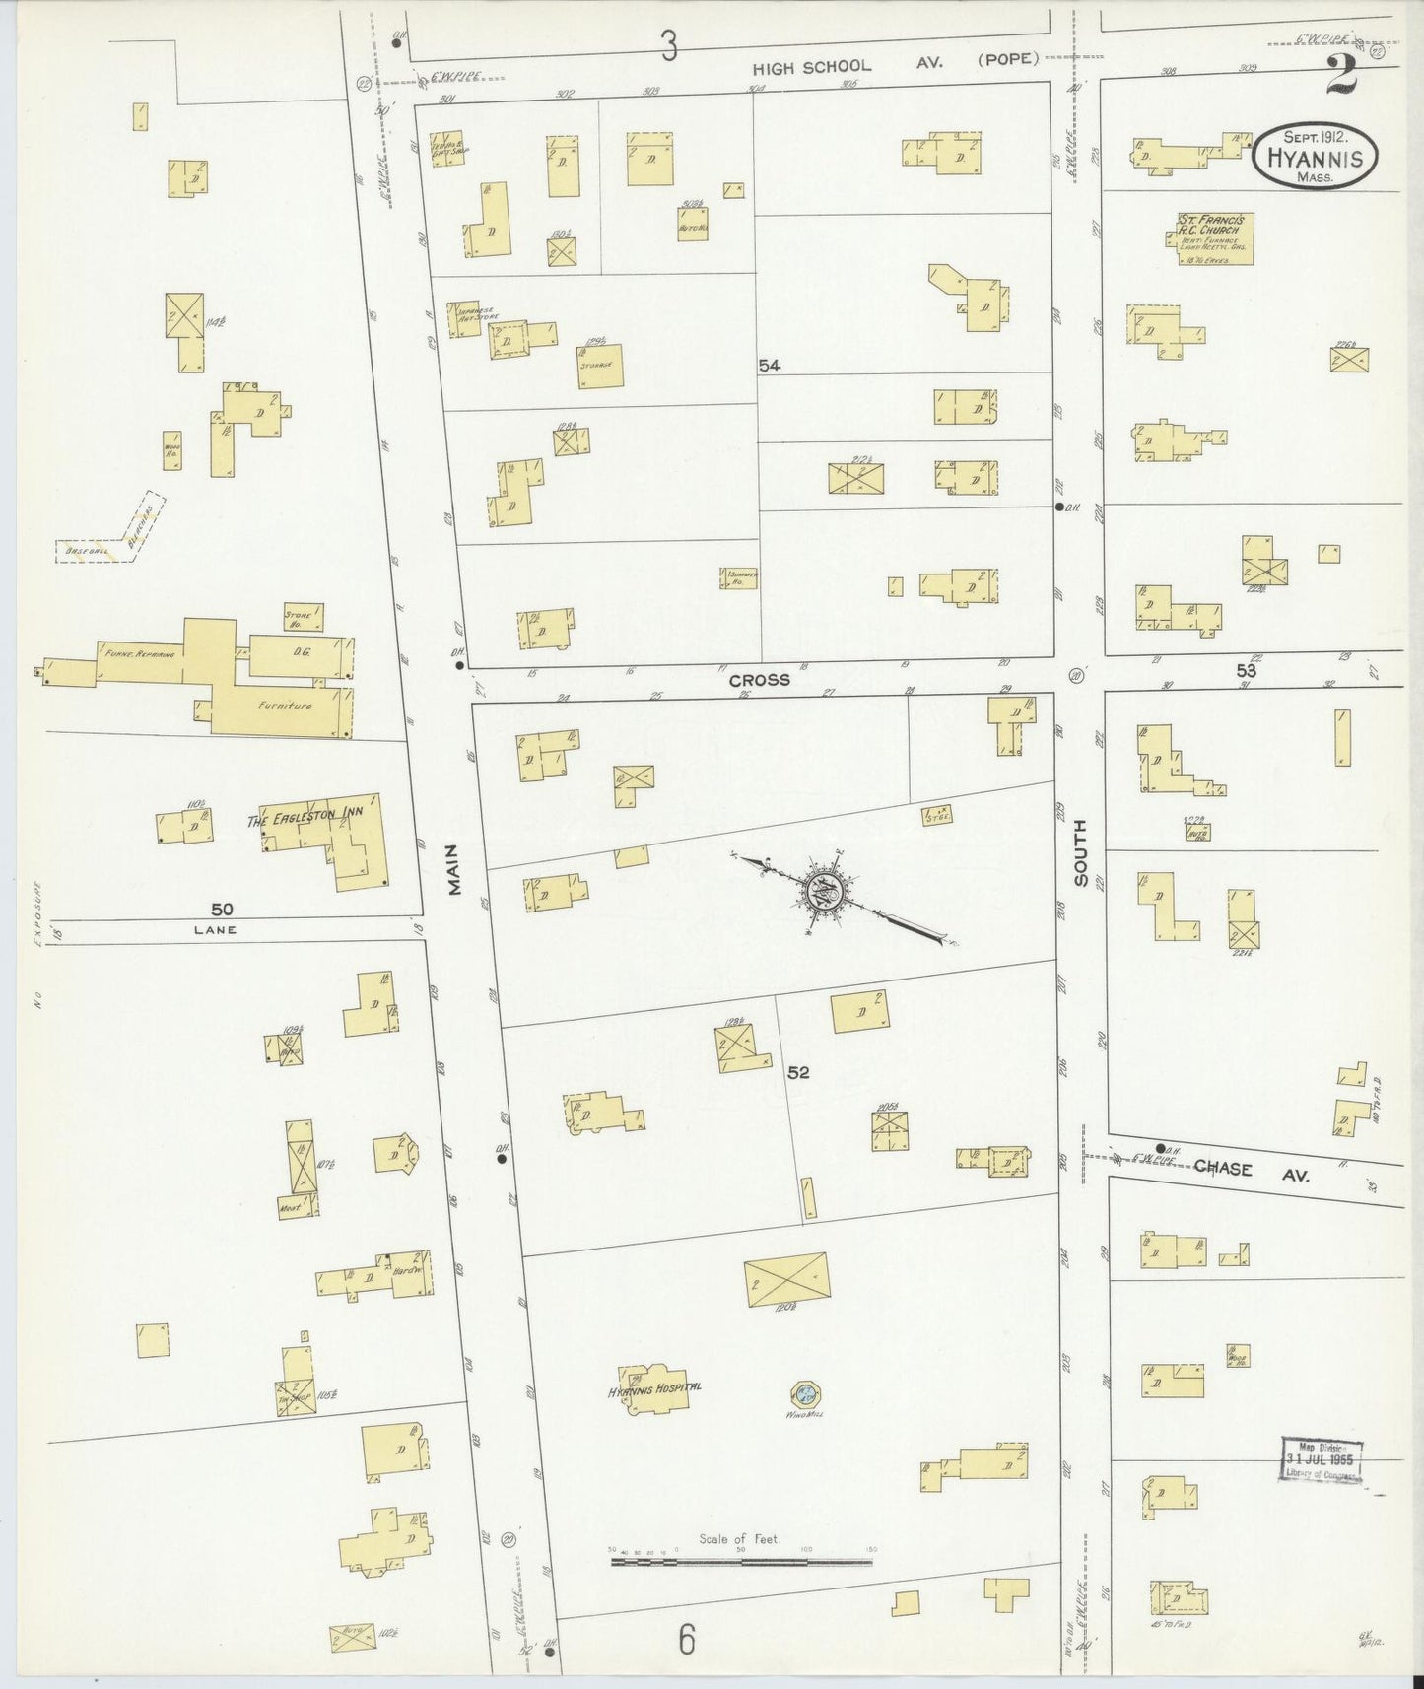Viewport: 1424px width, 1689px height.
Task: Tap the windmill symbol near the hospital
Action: pyautogui.click(x=805, y=1393)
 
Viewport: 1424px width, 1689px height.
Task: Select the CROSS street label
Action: pyautogui.click(x=759, y=680)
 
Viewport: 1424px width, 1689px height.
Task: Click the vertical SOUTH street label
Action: pyautogui.click(x=1081, y=851)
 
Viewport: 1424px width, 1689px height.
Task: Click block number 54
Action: pyautogui.click(x=769, y=366)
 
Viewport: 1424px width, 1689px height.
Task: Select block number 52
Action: pyautogui.click(x=798, y=1072)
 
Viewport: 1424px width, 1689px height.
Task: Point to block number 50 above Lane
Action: pyautogui.click(x=221, y=909)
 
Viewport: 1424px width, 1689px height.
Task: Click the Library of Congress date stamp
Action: pyautogui.click(x=1321, y=1458)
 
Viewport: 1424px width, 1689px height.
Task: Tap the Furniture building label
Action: pyautogui.click(x=285, y=706)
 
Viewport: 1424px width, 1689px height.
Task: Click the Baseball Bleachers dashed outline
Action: pyautogui.click(x=110, y=532)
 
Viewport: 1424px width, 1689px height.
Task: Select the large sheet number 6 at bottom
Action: pyautogui.click(x=687, y=1640)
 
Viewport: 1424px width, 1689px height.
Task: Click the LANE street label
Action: pyautogui.click(x=215, y=929)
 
